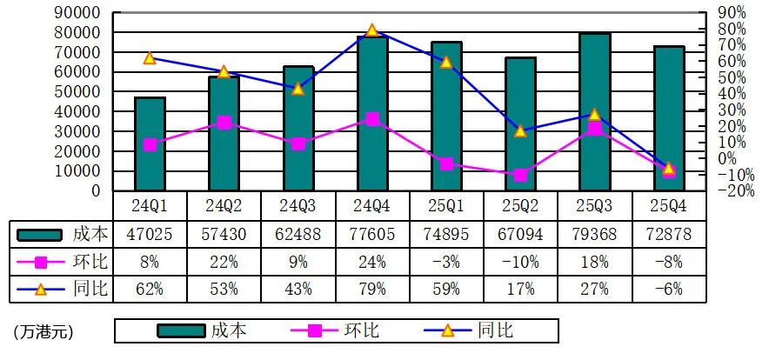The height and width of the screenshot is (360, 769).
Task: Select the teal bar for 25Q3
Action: [x=595, y=112]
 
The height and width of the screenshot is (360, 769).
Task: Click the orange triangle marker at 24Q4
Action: [x=371, y=30]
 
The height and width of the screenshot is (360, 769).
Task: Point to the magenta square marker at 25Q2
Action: [x=520, y=175]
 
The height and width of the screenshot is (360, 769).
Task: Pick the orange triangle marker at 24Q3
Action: [x=298, y=89]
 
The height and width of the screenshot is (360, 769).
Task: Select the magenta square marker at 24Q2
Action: [x=224, y=123]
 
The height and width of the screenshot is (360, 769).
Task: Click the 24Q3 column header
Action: [x=298, y=206]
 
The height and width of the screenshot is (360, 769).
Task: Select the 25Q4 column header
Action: [x=669, y=206]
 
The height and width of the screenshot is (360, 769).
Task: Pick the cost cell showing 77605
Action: [x=371, y=234]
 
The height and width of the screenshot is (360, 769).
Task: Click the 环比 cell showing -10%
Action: [x=520, y=262]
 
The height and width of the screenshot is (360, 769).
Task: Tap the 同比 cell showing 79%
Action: [x=371, y=289]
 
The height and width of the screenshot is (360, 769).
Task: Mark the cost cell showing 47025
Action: [x=150, y=234]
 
